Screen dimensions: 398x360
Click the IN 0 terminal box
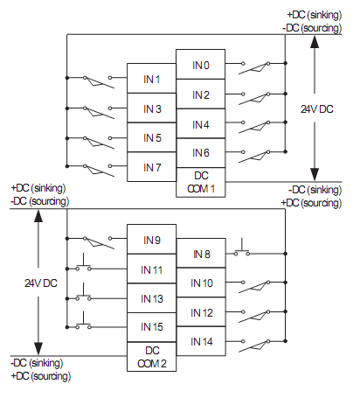[201, 65]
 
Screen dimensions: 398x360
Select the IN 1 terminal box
[152, 79]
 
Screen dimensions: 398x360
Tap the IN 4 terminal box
[201, 124]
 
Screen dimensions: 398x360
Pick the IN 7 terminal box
[152, 166]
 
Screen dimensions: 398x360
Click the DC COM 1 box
[201, 182]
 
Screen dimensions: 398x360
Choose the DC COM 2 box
[152, 356]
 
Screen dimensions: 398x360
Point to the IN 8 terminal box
[201, 254]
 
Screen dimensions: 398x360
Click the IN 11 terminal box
[152, 269]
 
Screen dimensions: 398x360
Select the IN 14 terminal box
[201, 340]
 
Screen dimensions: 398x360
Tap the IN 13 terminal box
[152, 298]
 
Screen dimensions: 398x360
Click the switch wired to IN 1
[97, 79]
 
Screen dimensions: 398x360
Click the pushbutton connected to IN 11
[85, 266]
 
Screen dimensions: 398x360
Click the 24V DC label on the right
[315, 108]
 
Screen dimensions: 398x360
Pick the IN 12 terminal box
[201, 312]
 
